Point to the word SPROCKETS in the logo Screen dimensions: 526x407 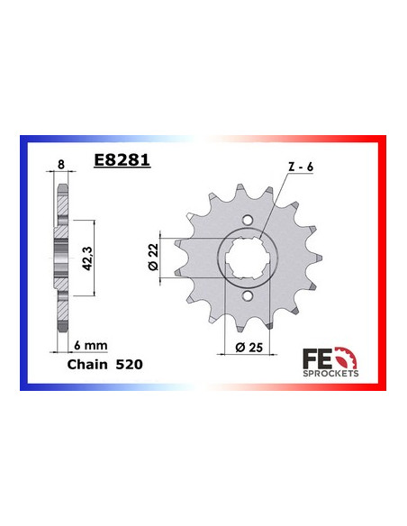[334, 370]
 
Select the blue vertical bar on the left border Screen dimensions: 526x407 [23, 261]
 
